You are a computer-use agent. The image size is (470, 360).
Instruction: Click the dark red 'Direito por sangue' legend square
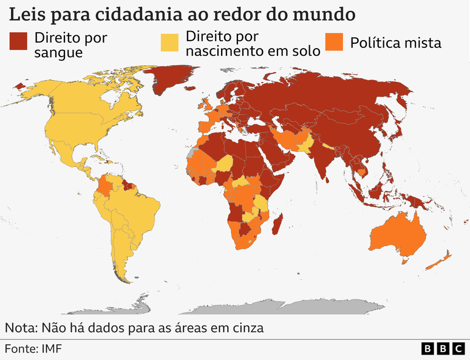coord(18,42)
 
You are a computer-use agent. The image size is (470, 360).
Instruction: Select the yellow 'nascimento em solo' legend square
coord(169,42)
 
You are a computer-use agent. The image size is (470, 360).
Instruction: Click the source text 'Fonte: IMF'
coord(33,348)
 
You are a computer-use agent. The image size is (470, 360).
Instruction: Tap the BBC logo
coord(443,348)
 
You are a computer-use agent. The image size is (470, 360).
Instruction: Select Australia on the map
coord(398,234)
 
